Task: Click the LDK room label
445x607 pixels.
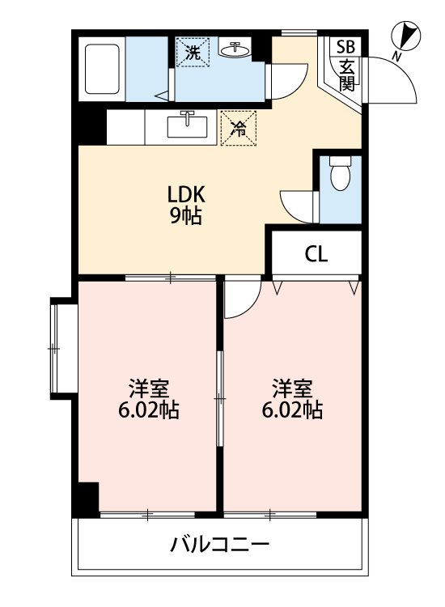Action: click(x=187, y=194)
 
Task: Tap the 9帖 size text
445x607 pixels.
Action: click(x=187, y=216)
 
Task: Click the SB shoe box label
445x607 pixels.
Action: click(x=345, y=46)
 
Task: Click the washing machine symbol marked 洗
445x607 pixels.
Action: click(x=193, y=53)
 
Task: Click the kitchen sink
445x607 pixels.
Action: click(x=188, y=125)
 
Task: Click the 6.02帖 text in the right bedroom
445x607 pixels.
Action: click(x=292, y=410)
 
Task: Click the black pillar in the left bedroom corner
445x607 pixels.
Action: click(x=86, y=498)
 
